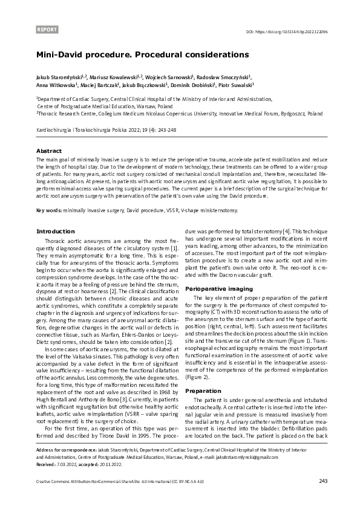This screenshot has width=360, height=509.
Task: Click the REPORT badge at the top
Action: [x=47, y=29]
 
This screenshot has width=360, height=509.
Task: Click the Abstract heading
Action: [x=49, y=150]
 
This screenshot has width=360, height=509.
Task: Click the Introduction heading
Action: [x=56, y=232]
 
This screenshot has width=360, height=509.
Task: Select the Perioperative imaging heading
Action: [x=218, y=289]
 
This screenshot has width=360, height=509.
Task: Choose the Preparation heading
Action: [x=203, y=374]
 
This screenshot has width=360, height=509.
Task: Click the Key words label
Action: [x=51, y=210]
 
